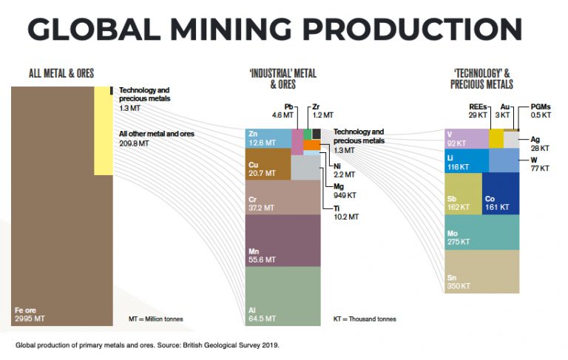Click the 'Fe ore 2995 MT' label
(x=30, y=313)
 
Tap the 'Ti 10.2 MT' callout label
(x=345, y=213)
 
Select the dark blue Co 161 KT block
(x=501, y=194)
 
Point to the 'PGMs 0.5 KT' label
(x=541, y=111)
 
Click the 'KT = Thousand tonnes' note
(x=365, y=319)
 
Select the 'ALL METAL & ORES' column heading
(x=61, y=73)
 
